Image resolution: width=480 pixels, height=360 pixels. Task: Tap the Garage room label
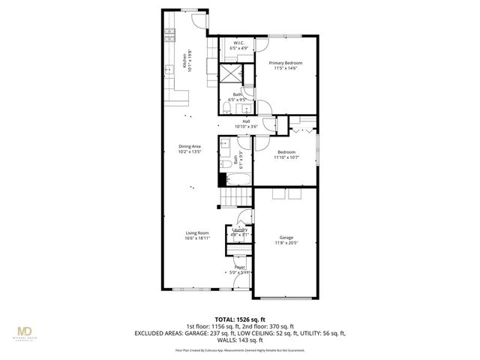click(284, 237)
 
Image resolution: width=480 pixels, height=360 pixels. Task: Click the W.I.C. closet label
click(239, 43)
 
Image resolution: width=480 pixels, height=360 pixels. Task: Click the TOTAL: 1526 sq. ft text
click(239, 318)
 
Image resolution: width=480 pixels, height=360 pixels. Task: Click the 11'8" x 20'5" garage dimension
click(284, 242)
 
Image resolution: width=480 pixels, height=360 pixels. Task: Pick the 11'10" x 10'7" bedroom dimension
click(286, 157)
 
